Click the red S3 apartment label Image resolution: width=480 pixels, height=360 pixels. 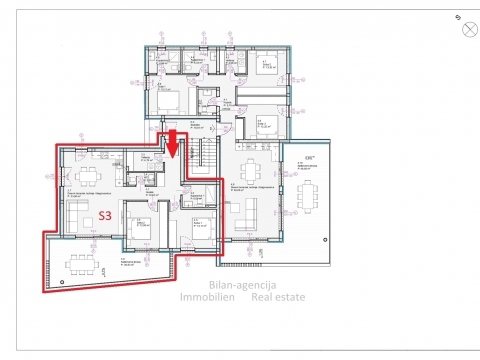104,215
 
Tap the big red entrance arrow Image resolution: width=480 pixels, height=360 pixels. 171,142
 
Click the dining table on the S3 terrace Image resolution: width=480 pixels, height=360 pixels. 79,265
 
